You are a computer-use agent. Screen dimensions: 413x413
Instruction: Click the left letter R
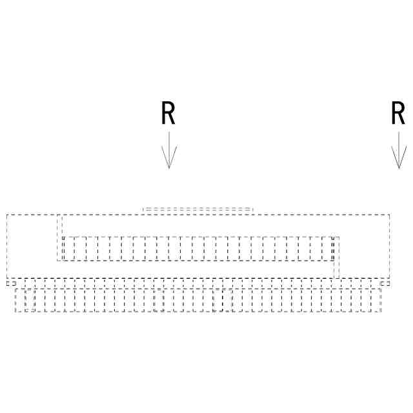pos(168,114)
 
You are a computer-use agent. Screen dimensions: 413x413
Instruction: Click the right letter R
pos(398,114)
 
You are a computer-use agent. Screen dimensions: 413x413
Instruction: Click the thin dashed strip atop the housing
pos(197,210)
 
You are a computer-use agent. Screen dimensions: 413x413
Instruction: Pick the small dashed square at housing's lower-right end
pos(385,283)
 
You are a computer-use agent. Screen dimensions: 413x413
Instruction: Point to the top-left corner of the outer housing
pos(6,214)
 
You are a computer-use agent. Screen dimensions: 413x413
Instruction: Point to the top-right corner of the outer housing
pos(390,214)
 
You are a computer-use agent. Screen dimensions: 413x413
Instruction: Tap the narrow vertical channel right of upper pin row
pos(336,258)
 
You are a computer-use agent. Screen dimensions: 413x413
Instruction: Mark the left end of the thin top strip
pos(143,210)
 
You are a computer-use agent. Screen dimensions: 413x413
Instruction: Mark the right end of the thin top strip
pos(252,210)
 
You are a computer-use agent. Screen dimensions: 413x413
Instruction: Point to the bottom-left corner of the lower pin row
pos(15,312)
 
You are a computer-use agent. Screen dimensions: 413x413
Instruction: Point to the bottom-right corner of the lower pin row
pos(381,312)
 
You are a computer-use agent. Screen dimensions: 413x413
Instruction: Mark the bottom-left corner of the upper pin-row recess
pos(57,261)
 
